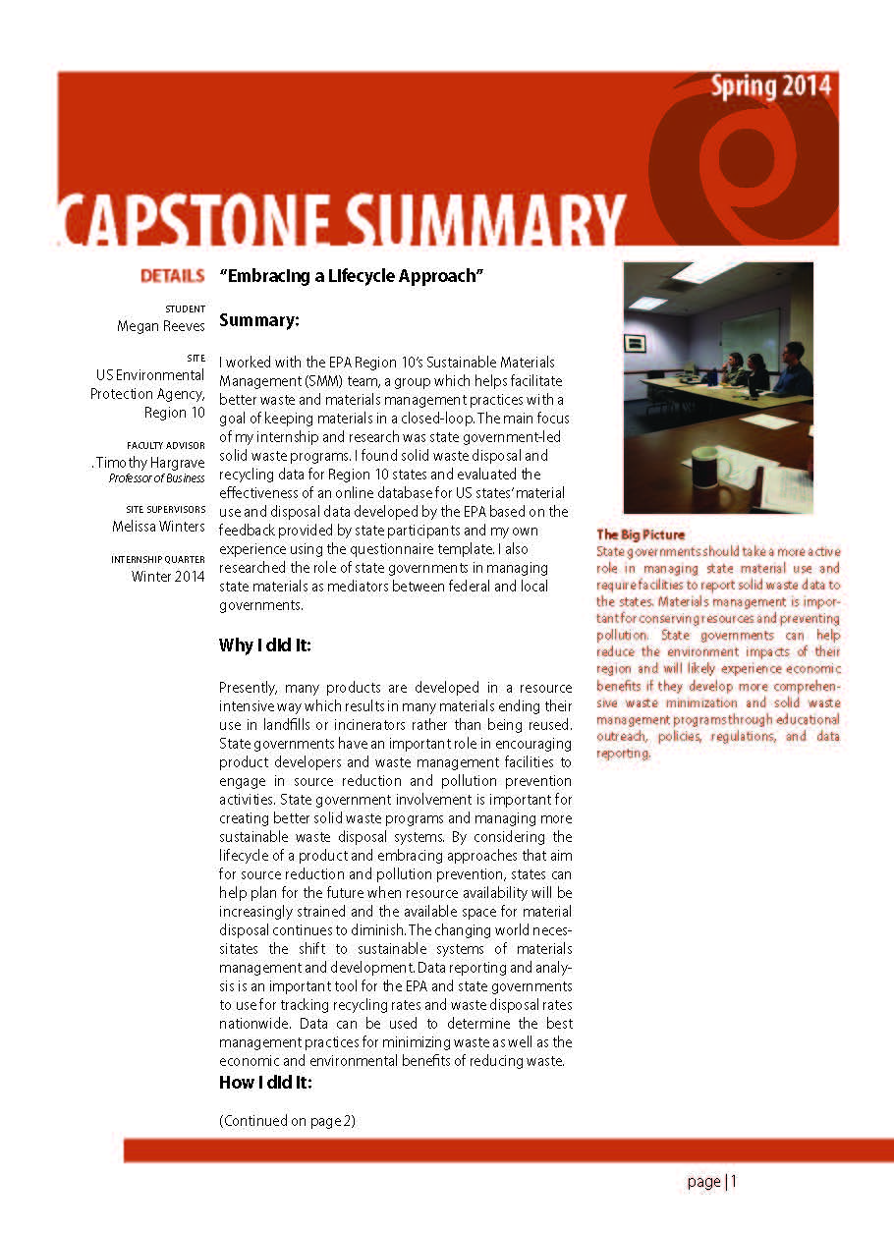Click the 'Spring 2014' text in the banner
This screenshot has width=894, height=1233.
click(771, 87)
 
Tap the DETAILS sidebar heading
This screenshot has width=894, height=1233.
click(173, 276)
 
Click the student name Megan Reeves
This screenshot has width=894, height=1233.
click(161, 326)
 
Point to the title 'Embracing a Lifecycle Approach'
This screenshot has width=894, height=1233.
click(353, 276)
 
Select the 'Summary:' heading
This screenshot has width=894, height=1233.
click(258, 320)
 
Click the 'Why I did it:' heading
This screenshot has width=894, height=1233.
click(264, 645)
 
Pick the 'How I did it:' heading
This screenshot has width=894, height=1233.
click(264, 1083)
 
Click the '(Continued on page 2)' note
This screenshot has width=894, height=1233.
click(286, 1121)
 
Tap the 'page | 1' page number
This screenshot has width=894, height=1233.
click(711, 1182)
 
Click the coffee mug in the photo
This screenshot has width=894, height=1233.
click(708, 466)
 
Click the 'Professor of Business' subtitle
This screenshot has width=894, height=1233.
click(156, 478)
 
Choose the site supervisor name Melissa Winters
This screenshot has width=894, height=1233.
click(158, 527)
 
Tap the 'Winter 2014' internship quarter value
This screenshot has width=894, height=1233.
click(168, 577)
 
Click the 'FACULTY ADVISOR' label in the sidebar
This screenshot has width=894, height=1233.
click(166, 445)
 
